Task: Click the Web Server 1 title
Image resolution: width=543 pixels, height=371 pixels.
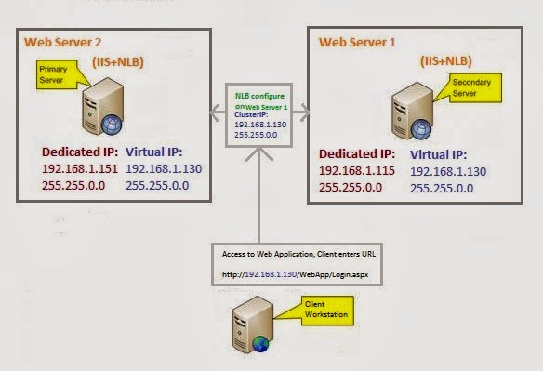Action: [358, 42]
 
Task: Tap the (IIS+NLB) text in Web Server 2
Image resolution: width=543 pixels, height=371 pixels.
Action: [120, 61]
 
